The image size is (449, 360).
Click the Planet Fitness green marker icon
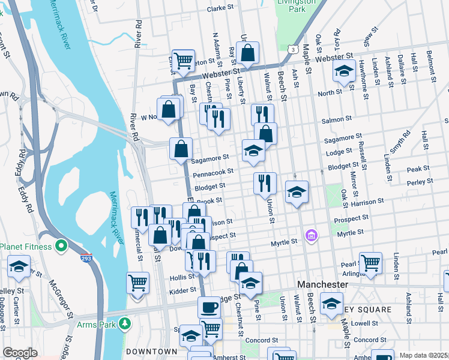(x=61, y=246)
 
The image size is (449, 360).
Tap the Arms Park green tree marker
(x=125, y=324)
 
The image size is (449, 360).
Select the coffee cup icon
(x=209, y=307)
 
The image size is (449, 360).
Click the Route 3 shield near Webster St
(x=292, y=48)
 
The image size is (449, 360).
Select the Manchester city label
(x=323, y=283)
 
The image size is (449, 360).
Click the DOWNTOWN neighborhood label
(x=151, y=351)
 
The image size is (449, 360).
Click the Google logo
(x=20, y=353)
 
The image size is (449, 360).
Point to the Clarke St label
(x=220, y=9)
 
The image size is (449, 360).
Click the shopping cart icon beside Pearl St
(x=370, y=262)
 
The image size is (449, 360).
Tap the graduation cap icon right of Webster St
(x=344, y=71)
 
